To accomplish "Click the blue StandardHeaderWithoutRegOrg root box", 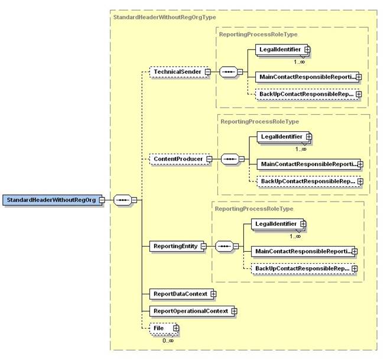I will (x=51, y=199).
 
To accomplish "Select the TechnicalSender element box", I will (x=175, y=72).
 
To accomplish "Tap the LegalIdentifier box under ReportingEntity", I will (x=275, y=224).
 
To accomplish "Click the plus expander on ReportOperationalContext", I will (x=235, y=310).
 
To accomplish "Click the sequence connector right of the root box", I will (x=122, y=199).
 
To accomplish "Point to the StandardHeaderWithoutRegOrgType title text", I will (x=155, y=18).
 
